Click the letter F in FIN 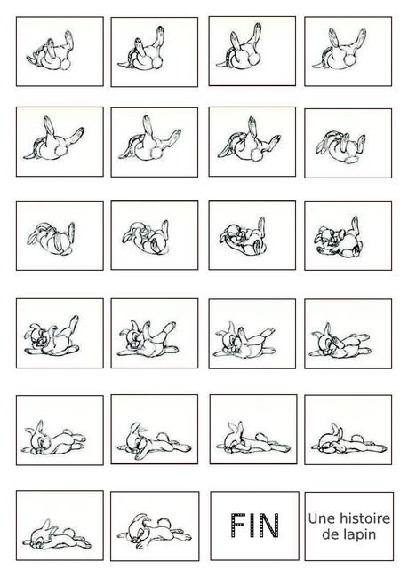pos(237,526)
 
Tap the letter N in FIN pos(269,526)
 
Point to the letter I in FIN pos(252,526)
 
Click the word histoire pos(364,518)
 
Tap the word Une pos(322,519)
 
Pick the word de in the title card pos(330,534)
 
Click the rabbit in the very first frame pos(50,51)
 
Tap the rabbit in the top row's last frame pos(340,50)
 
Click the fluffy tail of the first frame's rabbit pos(65,65)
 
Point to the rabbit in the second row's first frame pos(53,139)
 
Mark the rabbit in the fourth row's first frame pos(52,336)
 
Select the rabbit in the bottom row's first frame pos(57,535)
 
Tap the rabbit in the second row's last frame pos(340,147)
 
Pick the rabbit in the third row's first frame pos(52,239)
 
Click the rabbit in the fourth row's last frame pos(340,340)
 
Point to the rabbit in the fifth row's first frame pos(54,439)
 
